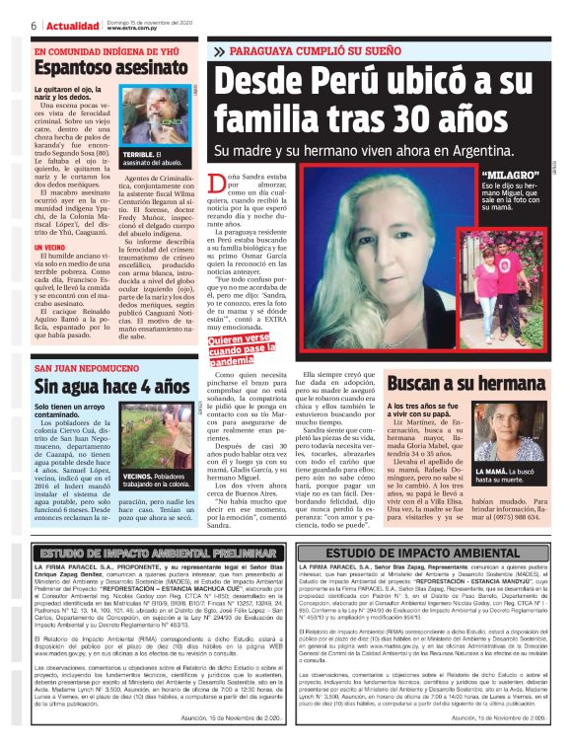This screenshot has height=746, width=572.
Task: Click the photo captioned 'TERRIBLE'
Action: point(156,120)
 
